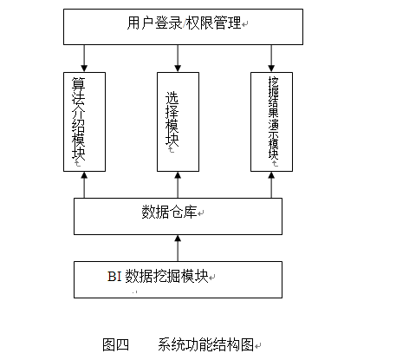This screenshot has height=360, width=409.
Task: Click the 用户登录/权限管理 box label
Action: [x=184, y=23]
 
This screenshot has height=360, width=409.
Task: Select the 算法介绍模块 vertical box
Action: [x=84, y=121]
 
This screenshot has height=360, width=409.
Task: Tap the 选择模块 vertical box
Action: [x=178, y=121]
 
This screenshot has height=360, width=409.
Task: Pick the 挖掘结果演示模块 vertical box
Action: [x=271, y=121]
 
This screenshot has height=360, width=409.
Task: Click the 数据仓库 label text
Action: [x=169, y=212]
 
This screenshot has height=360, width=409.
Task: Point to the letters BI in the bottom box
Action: [x=114, y=277]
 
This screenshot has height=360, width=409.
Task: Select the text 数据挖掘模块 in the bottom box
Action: [x=167, y=276]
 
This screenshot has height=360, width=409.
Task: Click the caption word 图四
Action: [x=116, y=344]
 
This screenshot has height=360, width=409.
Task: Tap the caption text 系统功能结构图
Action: [x=205, y=344]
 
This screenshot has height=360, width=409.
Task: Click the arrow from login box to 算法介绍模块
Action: [x=84, y=58]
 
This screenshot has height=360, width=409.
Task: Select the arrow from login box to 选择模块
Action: [x=178, y=58]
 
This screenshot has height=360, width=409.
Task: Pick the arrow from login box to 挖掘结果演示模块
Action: [x=271, y=58]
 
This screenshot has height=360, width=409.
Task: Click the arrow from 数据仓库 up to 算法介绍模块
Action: [x=84, y=185]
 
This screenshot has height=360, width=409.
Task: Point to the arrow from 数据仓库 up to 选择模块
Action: [x=178, y=185]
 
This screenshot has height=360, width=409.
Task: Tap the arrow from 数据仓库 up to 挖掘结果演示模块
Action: [x=271, y=185]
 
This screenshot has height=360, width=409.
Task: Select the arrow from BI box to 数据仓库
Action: [x=178, y=248]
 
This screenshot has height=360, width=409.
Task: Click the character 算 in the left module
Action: [x=79, y=84]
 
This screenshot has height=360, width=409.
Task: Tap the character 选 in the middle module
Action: [x=172, y=98]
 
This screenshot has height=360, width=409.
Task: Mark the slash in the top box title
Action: [x=184, y=23]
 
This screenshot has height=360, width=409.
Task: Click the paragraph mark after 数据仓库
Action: [x=201, y=213]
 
